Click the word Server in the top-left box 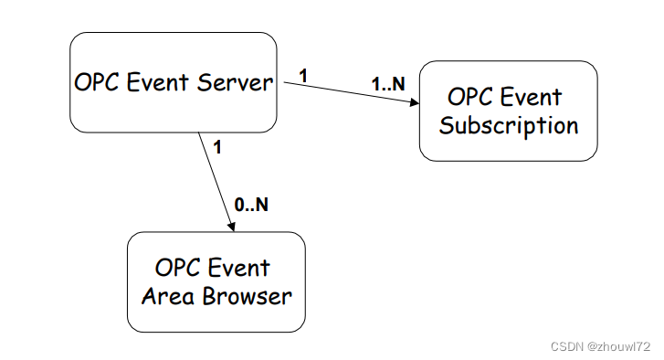click(x=235, y=82)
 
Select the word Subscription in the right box click(x=509, y=125)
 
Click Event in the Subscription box click(x=534, y=97)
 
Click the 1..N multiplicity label click(x=387, y=83)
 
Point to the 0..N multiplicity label click(x=251, y=205)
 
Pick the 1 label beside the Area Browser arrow click(x=216, y=145)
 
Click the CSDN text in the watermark click(x=568, y=346)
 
